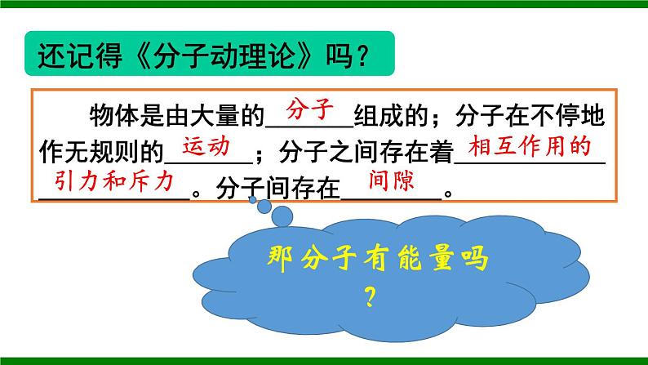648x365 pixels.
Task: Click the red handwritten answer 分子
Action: (308, 107)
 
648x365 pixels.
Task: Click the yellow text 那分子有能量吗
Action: (376, 262)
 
